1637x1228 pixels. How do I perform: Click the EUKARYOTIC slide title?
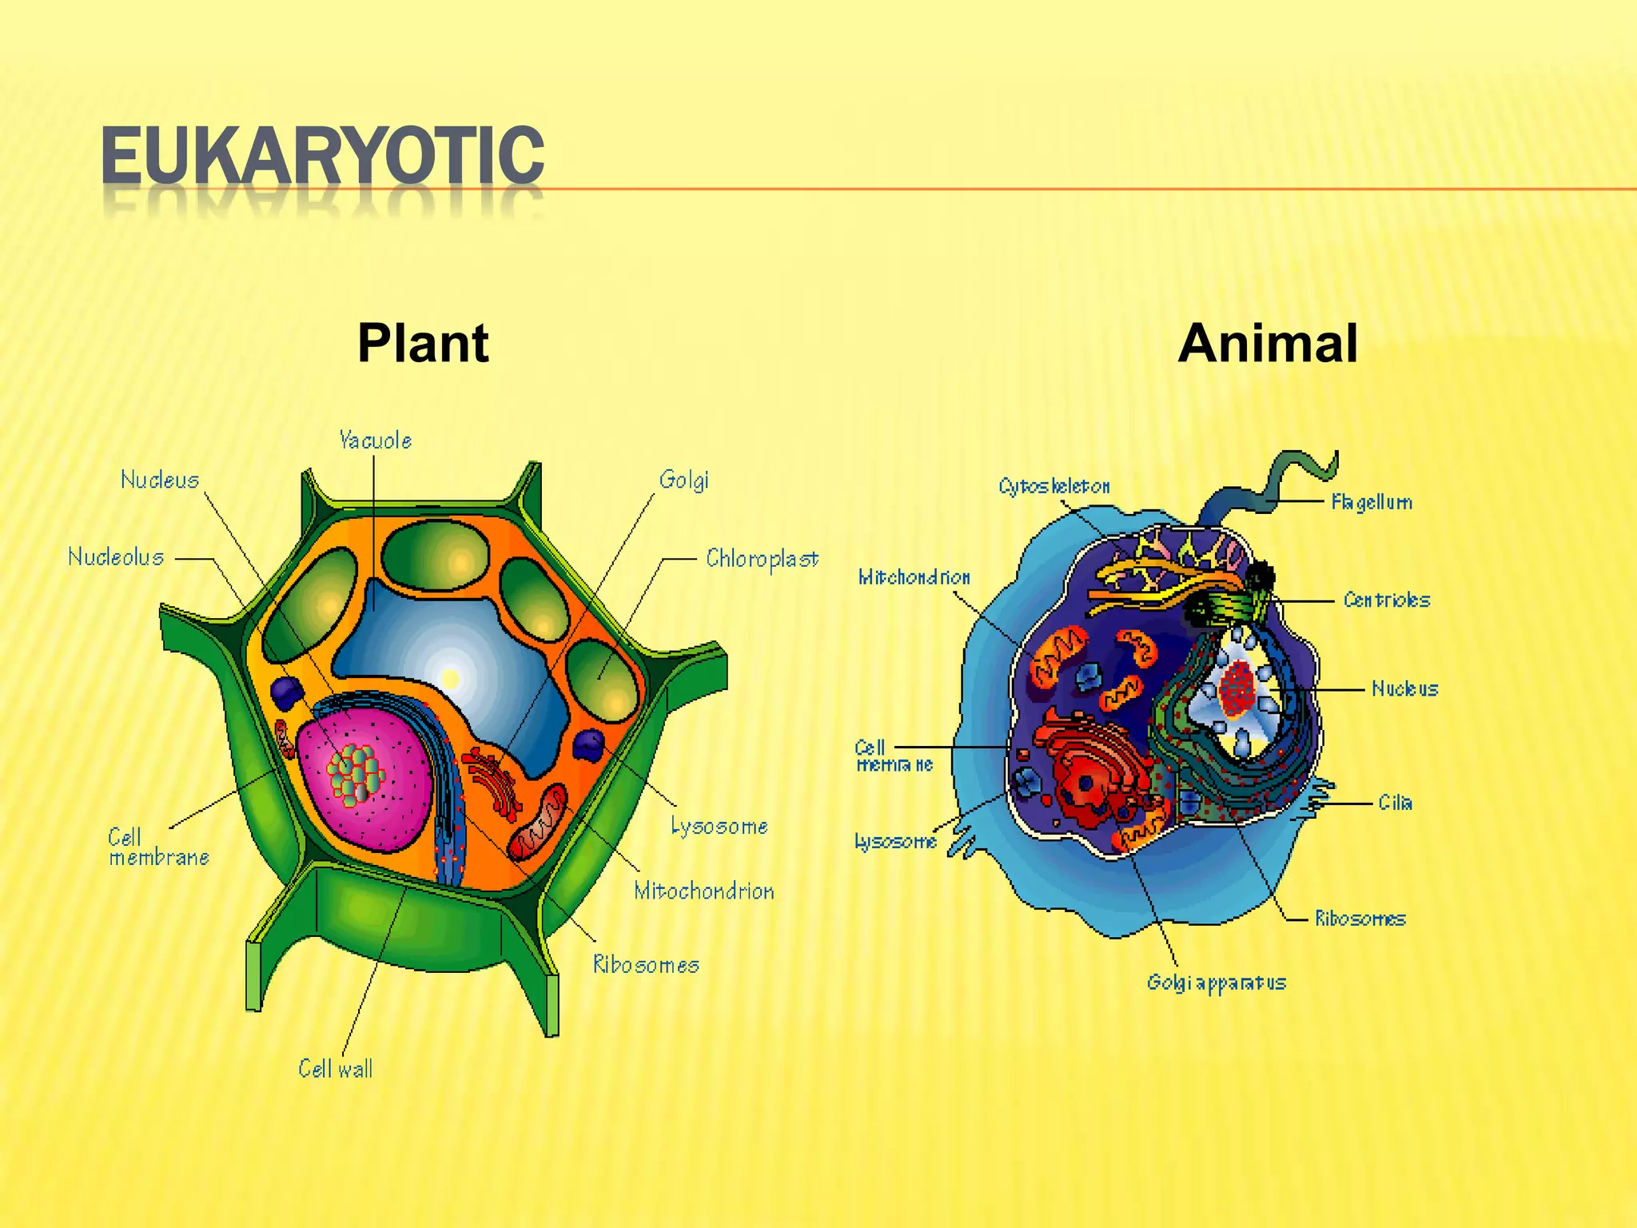322,156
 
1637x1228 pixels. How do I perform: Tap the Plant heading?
423,344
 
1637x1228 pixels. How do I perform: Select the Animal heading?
1267,344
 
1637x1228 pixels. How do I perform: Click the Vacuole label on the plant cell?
375,441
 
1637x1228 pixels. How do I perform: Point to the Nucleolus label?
116,557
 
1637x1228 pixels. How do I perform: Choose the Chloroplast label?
762,559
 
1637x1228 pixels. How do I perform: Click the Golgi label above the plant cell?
683,480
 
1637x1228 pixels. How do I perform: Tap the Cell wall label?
336,1069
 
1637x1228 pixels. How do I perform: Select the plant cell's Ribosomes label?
646,965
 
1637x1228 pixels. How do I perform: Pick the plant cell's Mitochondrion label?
703,891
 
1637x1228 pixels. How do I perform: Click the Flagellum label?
1372,502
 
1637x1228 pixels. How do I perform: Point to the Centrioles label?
1386,600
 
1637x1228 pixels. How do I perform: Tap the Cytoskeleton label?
1054,486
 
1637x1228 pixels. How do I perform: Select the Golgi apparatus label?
1216,983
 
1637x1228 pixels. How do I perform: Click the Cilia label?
1395,803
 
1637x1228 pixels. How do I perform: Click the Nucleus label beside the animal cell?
1404,688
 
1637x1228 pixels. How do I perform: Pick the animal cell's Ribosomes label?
1360,919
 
